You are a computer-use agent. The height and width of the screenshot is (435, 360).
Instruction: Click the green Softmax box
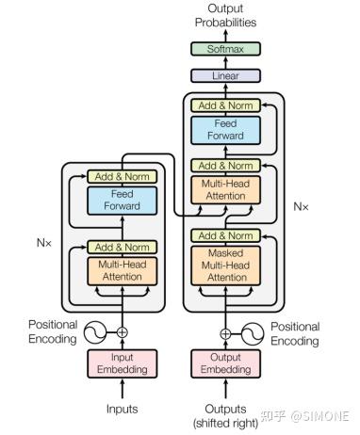click(x=225, y=49)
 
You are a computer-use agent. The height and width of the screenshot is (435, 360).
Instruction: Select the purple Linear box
click(x=225, y=75)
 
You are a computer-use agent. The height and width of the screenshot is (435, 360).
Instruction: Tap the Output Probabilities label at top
click(x=225, y=15)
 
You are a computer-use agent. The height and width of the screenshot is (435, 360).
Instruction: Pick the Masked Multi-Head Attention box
click(x=225, y=266)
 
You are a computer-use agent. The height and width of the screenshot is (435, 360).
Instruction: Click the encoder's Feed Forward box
click(x=122, y=200)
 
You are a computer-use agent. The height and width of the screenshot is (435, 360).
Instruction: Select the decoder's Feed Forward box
click(x=225, y=130)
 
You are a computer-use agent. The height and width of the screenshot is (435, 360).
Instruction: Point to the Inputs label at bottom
click(x=122, y=409)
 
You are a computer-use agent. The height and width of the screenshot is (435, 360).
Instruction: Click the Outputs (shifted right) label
click(x=225, y=415)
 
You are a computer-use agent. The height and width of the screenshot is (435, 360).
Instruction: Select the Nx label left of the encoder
click(x=45, y=242)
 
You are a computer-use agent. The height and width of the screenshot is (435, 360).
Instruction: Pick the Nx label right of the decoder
click(x=302, y=205)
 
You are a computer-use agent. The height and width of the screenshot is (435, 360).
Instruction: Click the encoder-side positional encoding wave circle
click(x=96, y=332)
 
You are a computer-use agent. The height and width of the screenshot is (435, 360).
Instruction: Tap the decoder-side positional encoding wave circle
click(x=252, y=332)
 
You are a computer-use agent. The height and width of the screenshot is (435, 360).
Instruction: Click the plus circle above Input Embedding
click(x=122, y=332)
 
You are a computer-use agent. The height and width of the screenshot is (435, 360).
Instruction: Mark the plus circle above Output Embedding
click(x=225, y=332)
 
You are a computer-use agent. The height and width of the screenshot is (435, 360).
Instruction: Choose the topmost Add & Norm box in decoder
click(x=225, y=106)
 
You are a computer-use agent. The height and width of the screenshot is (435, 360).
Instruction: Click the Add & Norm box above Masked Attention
click(x=225, y=235)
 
